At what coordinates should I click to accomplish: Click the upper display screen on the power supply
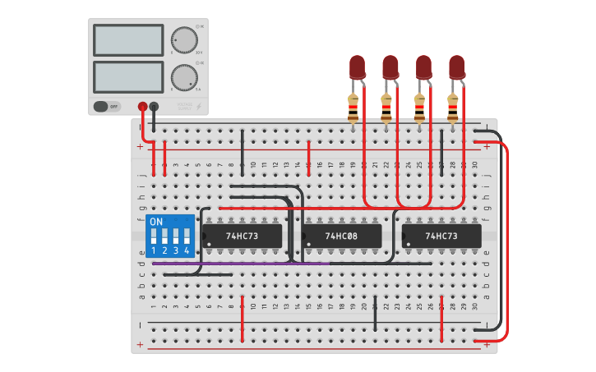(128, 39)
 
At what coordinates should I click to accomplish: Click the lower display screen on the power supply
(128, 76)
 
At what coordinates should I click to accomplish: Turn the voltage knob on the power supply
(182, 39)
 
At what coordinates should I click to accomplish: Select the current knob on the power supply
(182, 77)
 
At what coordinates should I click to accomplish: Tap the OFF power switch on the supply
(106, 106)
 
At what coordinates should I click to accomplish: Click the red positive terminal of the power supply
(142, 106)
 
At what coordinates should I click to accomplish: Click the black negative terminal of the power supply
(154, 106)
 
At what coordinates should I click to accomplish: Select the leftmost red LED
(357, 67)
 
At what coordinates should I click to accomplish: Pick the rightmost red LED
(456, 67)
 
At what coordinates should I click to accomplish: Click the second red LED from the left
(390, 67)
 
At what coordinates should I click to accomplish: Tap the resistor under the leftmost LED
(353, 107)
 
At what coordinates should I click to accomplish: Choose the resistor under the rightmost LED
(452, 107)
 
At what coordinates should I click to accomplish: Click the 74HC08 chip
(341, 237)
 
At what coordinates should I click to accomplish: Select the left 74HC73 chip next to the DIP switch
(243, 237)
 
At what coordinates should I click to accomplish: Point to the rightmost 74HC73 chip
(441, 237)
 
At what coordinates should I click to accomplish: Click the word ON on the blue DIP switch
(156, 222)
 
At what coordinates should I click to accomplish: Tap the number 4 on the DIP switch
(187, 250)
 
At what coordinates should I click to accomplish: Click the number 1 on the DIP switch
(154, 250)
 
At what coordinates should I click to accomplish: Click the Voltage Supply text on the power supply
(185, 106)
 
